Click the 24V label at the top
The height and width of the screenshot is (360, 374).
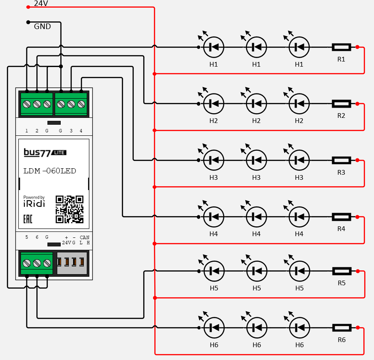pos(41,3)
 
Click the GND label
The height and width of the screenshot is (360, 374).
pos(42,26)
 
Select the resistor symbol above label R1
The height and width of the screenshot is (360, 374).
pos(342,47)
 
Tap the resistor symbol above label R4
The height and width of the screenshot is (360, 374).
pos(342,217)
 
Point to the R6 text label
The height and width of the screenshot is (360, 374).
pos(342,340)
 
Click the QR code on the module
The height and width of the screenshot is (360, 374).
pos(69,209)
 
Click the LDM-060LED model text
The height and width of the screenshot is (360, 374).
pos(50,171)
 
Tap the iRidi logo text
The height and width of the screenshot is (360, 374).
pos(34,204)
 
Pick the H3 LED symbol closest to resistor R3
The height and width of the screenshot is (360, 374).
pos(299,160)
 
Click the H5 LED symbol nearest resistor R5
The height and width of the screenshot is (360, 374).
pos(299,270)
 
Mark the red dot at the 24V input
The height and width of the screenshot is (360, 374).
pos(28,7)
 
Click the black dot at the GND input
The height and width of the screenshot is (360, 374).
pos(28,22)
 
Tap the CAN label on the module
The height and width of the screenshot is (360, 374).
pos(85,237)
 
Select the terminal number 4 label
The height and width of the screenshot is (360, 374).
pos(81,131)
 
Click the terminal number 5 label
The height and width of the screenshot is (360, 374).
pos(27,237)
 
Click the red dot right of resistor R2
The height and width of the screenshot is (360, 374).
pos(357,104)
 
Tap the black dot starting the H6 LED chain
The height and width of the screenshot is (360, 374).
pos(199,328)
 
